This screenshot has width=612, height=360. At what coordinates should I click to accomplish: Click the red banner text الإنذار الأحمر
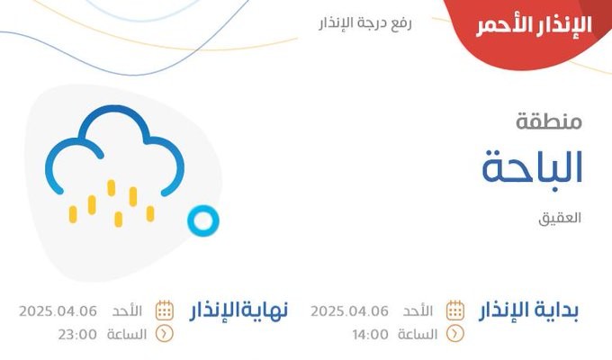pyautogui.click(x=534, y=26)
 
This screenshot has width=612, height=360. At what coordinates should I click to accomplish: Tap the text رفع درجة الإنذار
pyautogui.click(x=365, y=22)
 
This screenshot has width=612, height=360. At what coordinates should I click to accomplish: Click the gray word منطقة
pyautogui.click(x=549, y=121)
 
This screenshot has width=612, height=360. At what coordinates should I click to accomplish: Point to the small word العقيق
pyautogui.click(x=560, y=218)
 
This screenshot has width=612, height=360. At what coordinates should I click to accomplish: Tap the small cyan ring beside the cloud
pyautogui.click(x=203, y=220)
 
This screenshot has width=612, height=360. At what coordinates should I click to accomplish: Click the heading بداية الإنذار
pyautogui.click(x=528, y=311)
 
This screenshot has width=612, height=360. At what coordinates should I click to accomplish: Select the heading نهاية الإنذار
pyautogui.click(x=238, y=311)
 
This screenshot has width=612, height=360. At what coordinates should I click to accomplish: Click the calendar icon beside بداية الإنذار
pyautogui.click(x=455, y=310)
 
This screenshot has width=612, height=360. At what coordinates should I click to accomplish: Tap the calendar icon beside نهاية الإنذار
pyautogui.click(x=165, y=310)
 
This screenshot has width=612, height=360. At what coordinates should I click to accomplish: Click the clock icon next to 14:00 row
pyautogui.click(x=455, y=334)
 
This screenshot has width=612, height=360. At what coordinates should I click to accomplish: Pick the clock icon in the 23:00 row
pyautogui.click(x=165, y=334)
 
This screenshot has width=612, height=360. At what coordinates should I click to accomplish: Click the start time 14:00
pyautogui.click(x=371, y=335)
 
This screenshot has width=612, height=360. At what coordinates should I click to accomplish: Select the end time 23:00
pyautogui.click(x=77, y=335)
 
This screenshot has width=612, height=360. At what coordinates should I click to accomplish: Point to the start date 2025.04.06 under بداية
pyautogui.click(x=350, y=311)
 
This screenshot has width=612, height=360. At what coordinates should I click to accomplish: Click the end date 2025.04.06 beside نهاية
pyautogui.click(x=58, y=311)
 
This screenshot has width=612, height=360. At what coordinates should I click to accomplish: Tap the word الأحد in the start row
pyautogui.click(x=418, y=310)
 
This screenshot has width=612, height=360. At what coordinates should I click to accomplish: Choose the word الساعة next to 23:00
pyautogui.click(x=127, y=335)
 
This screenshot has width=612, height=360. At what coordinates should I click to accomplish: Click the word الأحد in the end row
pyautogui.click(x=127, y=310)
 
